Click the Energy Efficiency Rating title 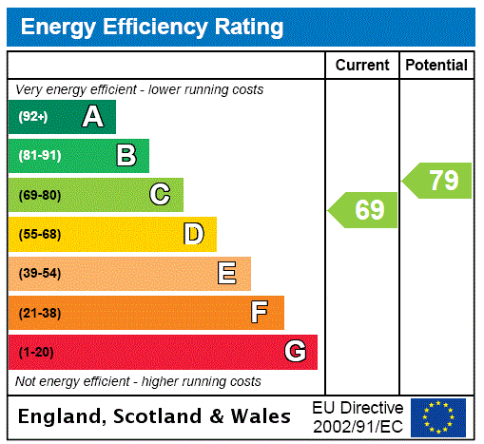152,28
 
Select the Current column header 362,66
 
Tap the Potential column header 436,66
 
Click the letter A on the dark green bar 92,117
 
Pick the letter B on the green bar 126,156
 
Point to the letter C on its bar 160,195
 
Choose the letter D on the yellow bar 193,234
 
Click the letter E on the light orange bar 227,274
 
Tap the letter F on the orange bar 260,313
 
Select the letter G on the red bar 295,352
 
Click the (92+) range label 33,117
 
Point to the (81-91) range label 39,156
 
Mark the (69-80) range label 39,196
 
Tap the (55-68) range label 39,235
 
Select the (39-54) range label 39,274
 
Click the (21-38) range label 39,313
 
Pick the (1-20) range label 36,353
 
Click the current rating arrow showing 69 364,210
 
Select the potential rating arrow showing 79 437,180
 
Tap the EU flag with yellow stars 438,416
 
